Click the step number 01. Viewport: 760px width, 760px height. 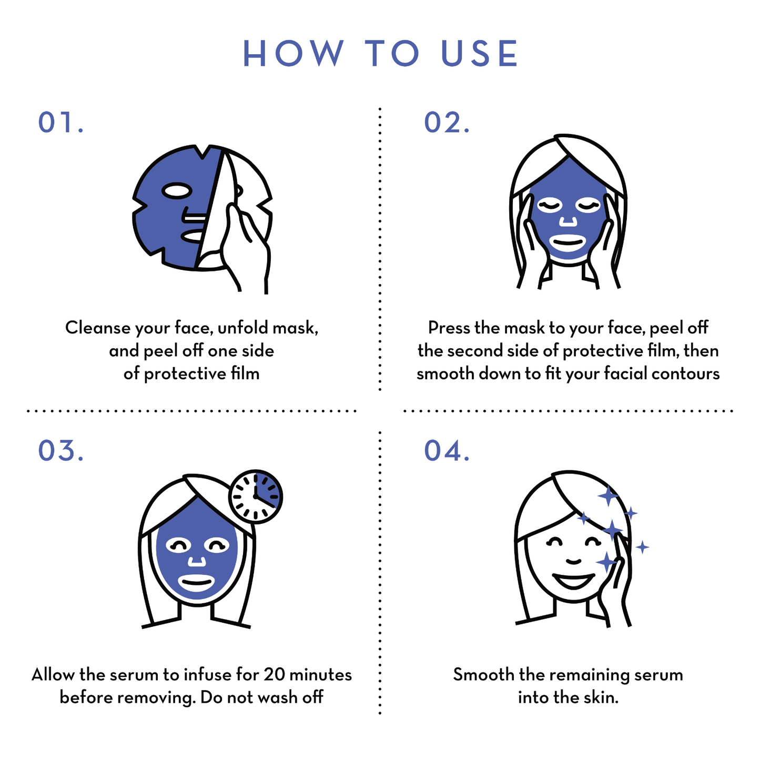point(60,122)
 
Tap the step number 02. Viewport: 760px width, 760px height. point(447,122)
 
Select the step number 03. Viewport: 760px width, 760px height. point(60,450)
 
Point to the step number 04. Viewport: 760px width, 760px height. point(447,450)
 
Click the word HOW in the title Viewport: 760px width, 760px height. point(293,53)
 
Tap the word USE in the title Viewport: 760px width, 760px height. point(479,53)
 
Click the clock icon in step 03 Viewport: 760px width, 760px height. point(256,496)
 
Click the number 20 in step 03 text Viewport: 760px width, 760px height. point(274,674)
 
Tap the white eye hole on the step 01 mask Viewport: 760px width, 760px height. point(177,191)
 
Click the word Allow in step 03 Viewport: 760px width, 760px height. point(53,674)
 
